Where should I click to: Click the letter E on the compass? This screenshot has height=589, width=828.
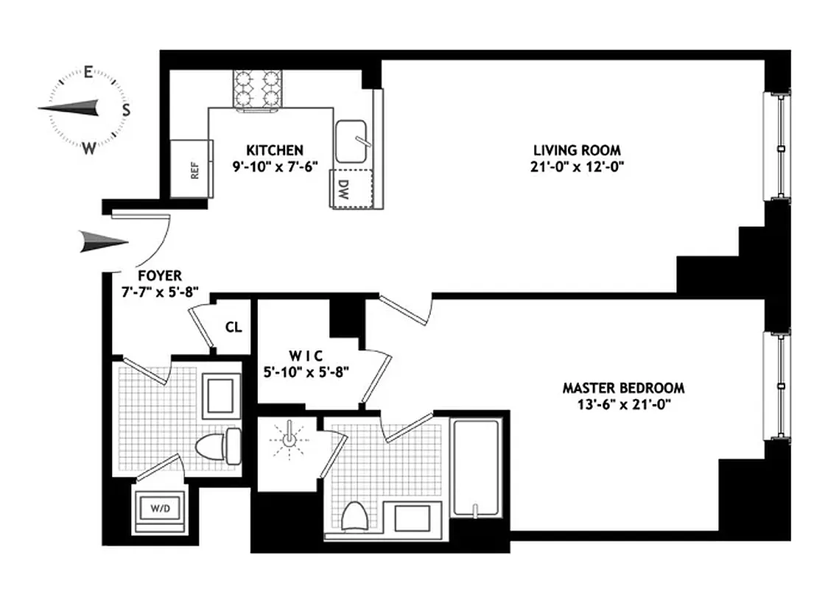(x=88, y=72)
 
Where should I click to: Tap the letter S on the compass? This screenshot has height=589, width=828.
(x=126, y=110)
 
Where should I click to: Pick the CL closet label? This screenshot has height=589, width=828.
(x=234, y=328)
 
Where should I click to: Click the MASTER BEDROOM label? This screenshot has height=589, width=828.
(x=623, y=387)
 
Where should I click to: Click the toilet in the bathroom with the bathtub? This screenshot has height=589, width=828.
(x=357, y=516)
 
